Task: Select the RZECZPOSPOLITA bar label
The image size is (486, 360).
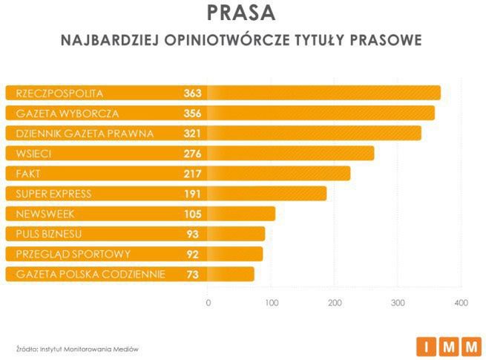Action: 59,94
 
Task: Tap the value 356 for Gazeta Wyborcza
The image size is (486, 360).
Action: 193,114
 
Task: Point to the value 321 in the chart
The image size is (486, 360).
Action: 193,134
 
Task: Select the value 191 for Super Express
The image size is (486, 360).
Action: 193,194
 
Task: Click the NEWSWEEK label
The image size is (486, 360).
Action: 45,214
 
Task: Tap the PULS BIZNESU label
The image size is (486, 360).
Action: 48,234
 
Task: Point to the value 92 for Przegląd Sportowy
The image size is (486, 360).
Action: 195,254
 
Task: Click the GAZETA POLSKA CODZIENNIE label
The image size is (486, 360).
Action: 85,274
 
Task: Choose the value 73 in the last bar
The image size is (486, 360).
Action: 195,274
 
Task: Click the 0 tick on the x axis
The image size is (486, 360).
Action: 208,302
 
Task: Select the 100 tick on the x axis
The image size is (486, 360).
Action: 272,302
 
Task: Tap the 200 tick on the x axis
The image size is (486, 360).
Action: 335,302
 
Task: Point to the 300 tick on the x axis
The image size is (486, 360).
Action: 398,302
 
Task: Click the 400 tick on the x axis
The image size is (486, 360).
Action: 461,302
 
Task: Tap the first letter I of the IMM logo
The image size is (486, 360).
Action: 427,346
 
